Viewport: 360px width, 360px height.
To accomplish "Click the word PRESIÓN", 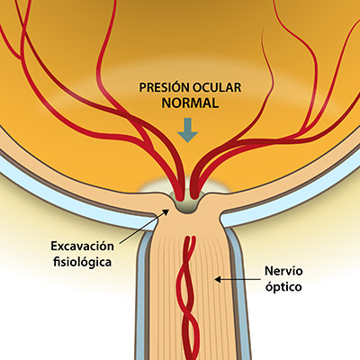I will [x=160, y=89].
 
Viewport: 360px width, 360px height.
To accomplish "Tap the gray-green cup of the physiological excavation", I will [x=187, y=206].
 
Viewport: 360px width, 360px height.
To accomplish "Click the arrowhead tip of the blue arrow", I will [x=187, y=141].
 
